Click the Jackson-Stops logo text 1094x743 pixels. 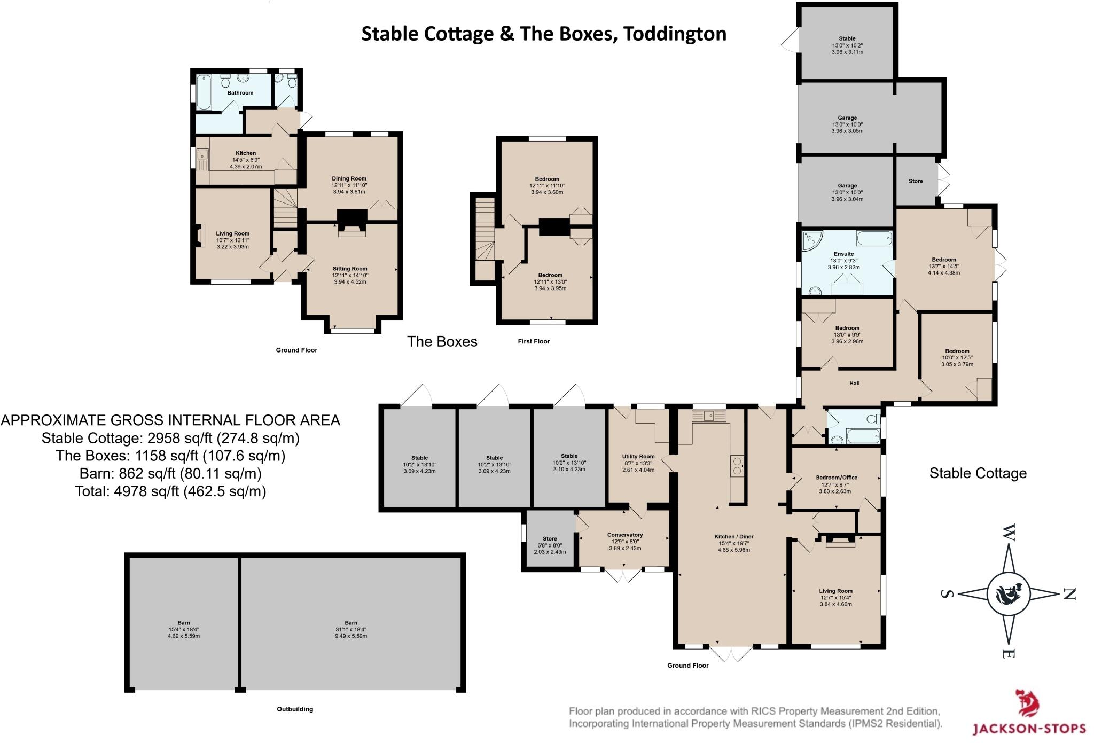pos(1028,728)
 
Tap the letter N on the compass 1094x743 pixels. pos(1069,594)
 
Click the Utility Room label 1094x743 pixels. pos(638,457)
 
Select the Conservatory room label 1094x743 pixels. pos(624,535)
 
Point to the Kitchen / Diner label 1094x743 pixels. pos(733,536)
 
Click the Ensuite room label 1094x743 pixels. pos(843,254)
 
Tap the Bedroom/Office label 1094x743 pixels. pos(836,478)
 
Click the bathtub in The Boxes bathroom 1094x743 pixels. pos(204,91)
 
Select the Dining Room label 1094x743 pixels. pos(349,178)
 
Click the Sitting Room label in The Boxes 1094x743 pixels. pos(350,269)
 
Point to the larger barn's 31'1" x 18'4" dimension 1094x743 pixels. pos(351,630)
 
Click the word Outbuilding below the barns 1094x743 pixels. pos(295,709)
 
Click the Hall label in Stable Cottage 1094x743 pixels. pos(854,383)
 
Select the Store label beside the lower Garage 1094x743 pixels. pos(915,181)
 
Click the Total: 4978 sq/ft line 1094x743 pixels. pos(170,491)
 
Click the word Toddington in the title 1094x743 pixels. pos(675,34)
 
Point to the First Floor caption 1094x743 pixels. pos(533,341)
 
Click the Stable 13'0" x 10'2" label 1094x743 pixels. pos(847,45)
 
